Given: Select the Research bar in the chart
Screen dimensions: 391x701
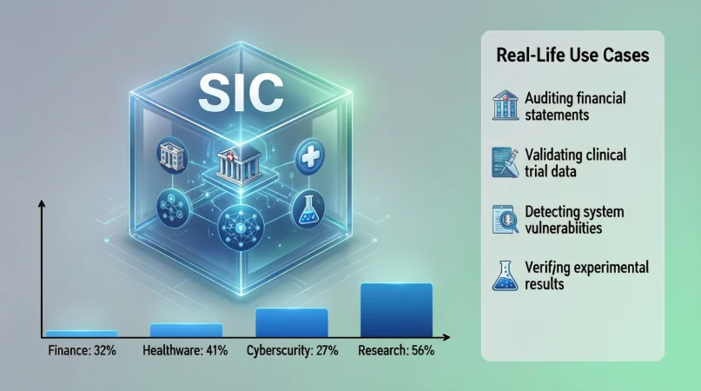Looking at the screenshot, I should (396, 309).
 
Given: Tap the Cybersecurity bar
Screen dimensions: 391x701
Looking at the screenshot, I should (291, 321).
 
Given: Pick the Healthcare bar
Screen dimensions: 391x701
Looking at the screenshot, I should (186, 329).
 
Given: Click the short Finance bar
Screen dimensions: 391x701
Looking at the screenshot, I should (82, 333).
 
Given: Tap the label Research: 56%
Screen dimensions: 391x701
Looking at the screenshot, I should (396, 352).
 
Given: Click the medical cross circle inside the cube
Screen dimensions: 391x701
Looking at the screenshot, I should (309, 158).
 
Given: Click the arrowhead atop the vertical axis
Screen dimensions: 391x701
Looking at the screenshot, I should (40, 205).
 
